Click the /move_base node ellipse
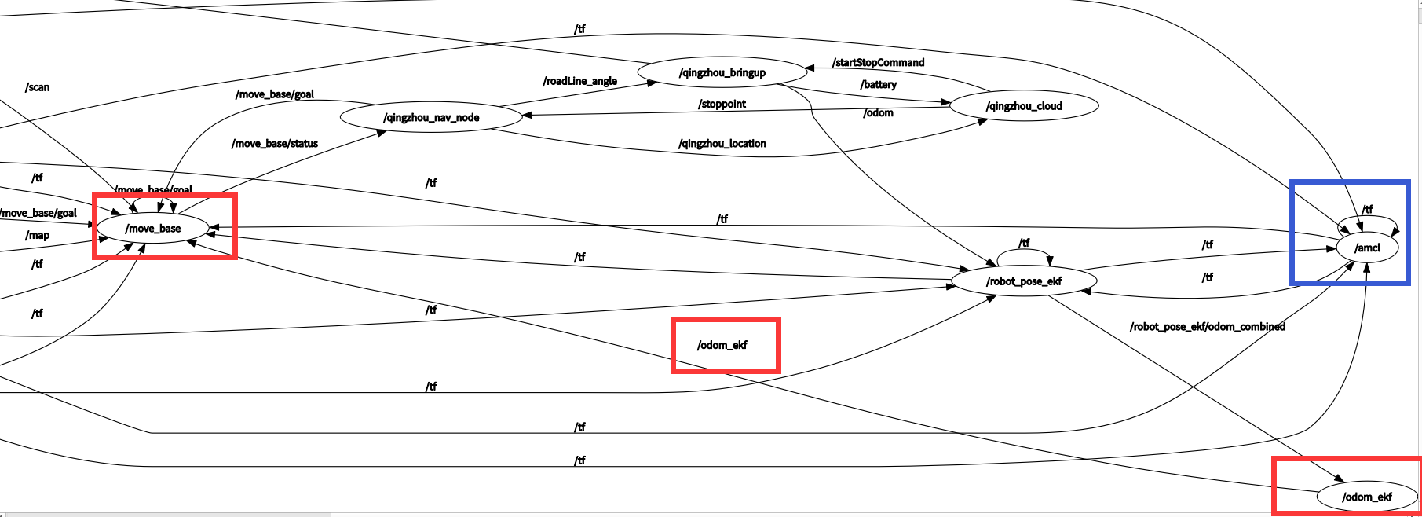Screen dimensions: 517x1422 coord(153,229)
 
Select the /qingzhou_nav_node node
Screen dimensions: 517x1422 coord(431,118)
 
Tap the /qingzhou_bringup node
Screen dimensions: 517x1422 coord(722,72)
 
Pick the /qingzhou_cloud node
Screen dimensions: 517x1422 coord(1023,106)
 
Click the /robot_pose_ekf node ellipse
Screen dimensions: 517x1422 coord(1023,281)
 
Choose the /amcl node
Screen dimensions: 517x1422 coord(1367,248)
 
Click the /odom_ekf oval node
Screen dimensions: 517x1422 coord(1366,497)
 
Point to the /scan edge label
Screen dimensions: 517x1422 coord(38,87)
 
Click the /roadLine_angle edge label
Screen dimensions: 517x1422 coord(579,81)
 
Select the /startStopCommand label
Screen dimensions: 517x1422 coord(878,63)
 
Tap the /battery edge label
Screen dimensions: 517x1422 coord(878,85)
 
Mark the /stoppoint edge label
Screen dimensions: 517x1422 coord(722,104)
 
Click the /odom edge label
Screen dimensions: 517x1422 coord(878,113)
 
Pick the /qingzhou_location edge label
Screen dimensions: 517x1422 coord(722,144)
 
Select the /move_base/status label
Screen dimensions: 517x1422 coord(275,144)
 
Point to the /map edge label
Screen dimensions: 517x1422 coord(38,236)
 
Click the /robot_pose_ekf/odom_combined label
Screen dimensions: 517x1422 coord(1207,327)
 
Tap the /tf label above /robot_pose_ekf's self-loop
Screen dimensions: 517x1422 coord(1024,243)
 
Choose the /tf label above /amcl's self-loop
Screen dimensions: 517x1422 coord(1367,209)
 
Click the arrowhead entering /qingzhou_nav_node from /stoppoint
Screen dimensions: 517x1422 coord(528,115)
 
